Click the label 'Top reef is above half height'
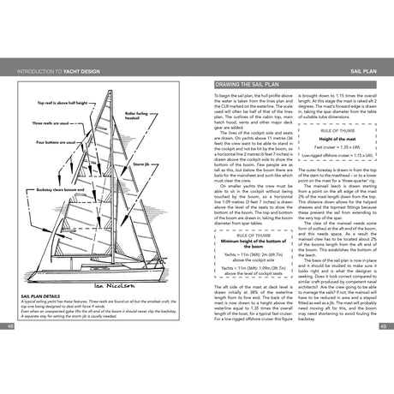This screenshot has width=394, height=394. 58,102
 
